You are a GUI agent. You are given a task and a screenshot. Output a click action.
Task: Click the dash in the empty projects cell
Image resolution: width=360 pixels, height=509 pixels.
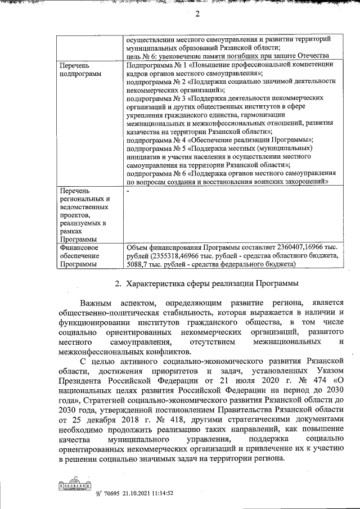[x=128, y=191]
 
